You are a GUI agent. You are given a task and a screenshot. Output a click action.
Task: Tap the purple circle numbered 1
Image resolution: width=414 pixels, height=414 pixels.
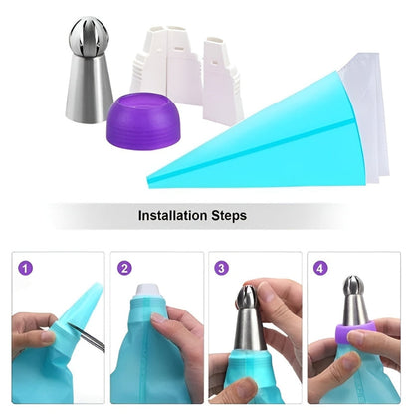26,267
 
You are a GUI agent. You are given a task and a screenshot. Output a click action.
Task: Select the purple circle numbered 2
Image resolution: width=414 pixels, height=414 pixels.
124,267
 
